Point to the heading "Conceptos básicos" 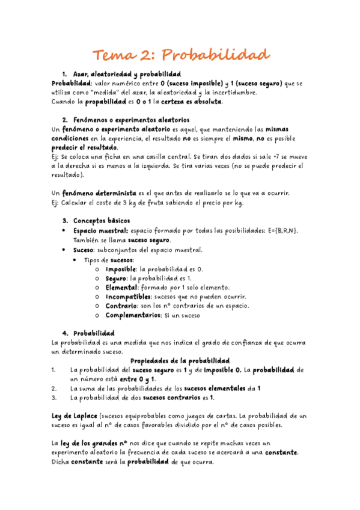click(x=100, y=221)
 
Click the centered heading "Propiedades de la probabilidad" click(x=180, y=360)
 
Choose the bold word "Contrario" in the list click(x=122, y=306)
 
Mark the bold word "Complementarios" click(x=133, y=315)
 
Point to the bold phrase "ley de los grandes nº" click(x=93, y=443)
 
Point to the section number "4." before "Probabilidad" click(x=66, y=333)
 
